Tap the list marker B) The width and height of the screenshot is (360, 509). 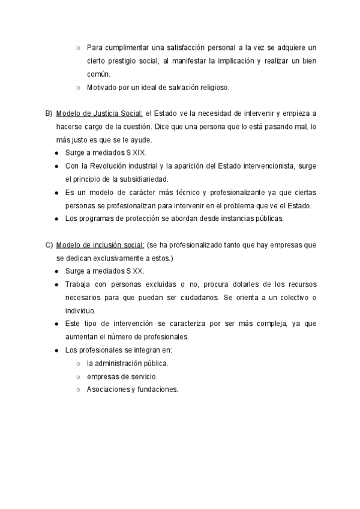(x=49, y=113)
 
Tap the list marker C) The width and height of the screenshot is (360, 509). (x=49, y=245)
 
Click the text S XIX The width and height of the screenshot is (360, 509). (x=137, y=152)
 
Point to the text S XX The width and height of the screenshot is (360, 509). (x=136, y=271)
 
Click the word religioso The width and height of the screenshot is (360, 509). (x=209, y=87)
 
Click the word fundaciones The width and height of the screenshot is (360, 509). (x=157, y=390)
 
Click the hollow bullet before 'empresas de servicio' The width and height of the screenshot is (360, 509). (x=79, y=376)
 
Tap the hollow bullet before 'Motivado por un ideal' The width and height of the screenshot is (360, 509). (x=79, y=87)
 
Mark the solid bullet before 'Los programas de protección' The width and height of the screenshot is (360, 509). (x=56, y=218)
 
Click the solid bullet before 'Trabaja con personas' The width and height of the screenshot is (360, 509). (x=56, y=284)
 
